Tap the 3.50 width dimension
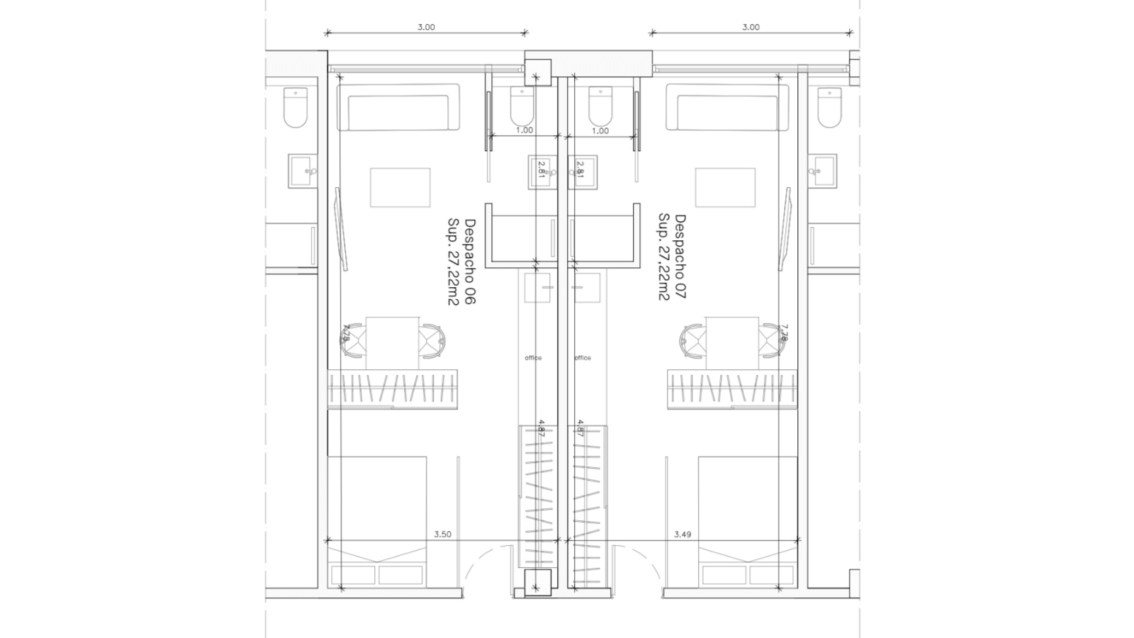pos(442,535)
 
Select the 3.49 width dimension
pos(683,535)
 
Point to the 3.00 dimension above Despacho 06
pos(426,27)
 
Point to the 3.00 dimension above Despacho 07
pos(751,27)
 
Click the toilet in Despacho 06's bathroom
pos(522,106)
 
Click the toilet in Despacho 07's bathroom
pos(600,106)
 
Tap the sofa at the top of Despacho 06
pos(398,107)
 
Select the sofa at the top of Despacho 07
pos(727,107)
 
